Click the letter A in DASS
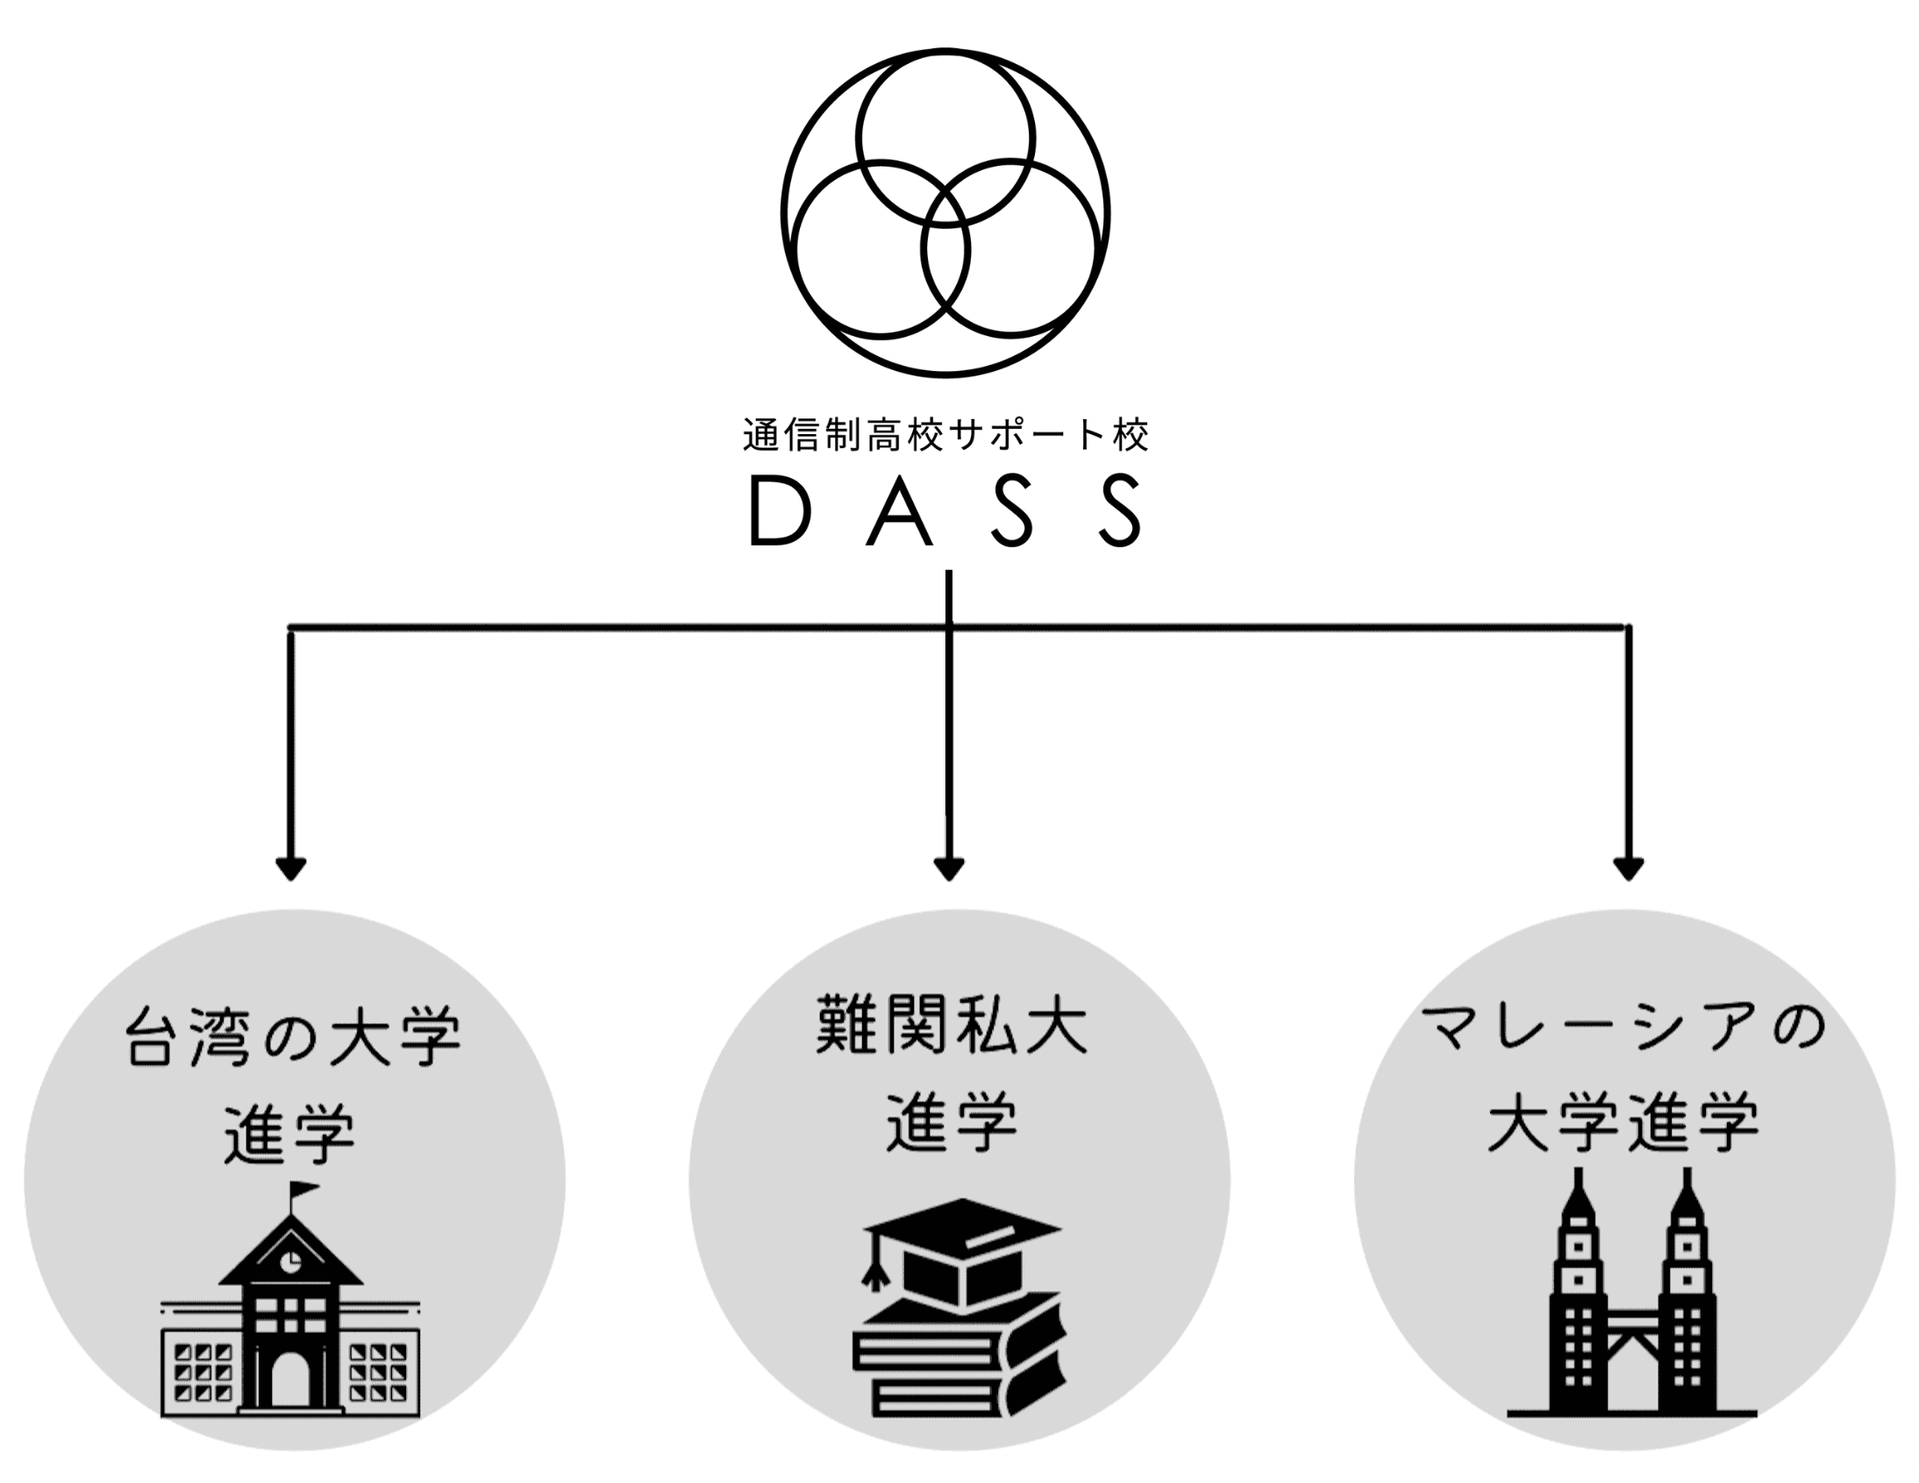point(898,512)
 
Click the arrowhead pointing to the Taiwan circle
point(291,866)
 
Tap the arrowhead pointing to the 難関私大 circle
point(949,866)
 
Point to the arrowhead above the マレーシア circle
point(1628,866)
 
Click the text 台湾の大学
point(294,1037)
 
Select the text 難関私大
point(952,1025)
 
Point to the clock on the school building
point(291,1262)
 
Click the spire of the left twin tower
point(1578,1186)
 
